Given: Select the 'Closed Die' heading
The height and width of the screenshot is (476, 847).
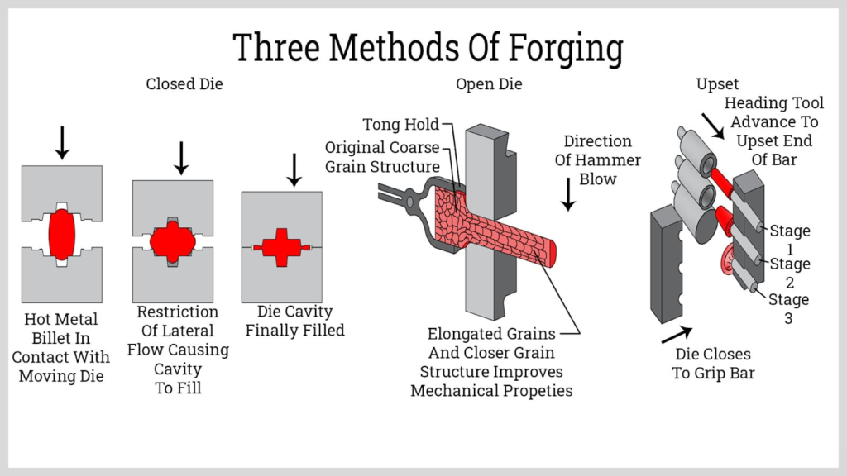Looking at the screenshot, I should click(x=184, y=84).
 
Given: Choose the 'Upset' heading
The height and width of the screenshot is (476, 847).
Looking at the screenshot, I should click(x=717, y=84).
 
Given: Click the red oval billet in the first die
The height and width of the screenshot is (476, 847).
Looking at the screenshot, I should click(x=61, y=234).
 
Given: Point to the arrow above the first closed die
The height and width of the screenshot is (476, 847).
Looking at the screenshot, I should click(x=61, y=142).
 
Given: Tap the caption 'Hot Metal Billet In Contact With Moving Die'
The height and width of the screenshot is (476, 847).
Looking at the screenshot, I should click(x=60, y=347).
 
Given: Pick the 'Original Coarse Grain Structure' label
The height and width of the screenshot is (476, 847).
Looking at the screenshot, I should click(x=381, y=157).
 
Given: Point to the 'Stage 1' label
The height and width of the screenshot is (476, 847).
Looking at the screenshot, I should click(x=789, y=240).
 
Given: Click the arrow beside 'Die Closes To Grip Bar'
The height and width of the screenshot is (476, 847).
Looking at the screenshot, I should click(x=676, y=334).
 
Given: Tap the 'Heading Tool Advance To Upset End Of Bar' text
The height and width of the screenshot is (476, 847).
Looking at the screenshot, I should click(x=773, y=131).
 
